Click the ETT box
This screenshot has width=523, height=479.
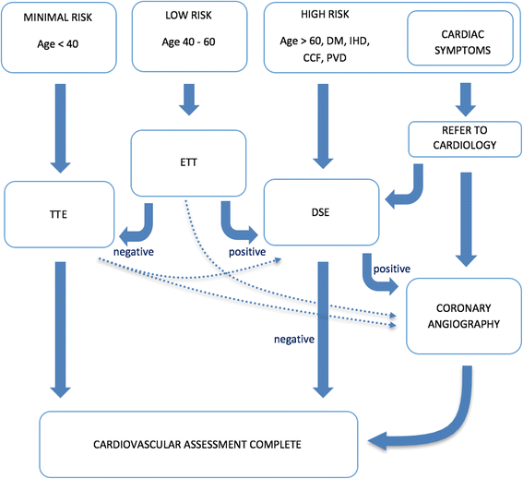pyautogui.click(x=189, y=158)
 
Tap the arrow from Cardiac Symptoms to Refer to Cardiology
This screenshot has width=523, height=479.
pyautogui.click(x=466, y=95)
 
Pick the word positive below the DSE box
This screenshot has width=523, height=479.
pyautogui.click(x=390, y=269)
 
